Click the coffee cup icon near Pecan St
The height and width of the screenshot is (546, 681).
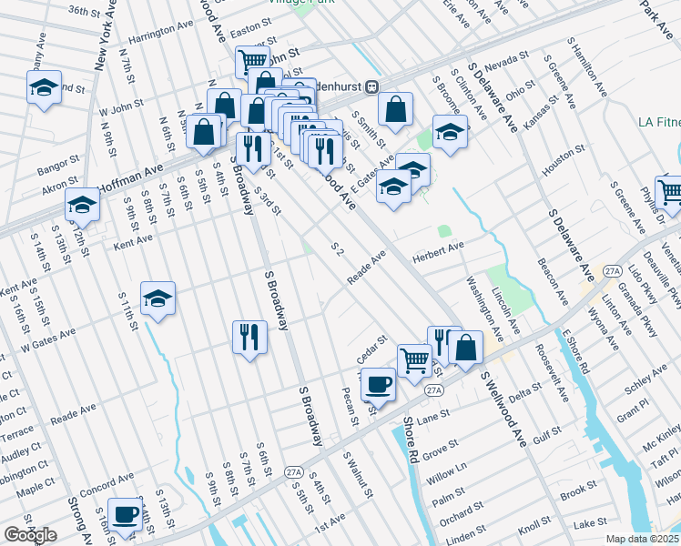(379, 383)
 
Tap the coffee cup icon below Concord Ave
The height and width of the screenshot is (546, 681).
(126, 515)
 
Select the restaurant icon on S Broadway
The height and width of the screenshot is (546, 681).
(249, 338)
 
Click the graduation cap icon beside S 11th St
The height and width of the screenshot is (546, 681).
(158, 298)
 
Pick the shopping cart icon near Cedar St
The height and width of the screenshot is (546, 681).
(414, 359)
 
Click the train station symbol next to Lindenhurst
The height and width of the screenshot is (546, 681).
(371, 86)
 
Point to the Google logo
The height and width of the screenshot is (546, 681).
(30, 535)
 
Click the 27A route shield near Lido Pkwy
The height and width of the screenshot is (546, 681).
(611, 271)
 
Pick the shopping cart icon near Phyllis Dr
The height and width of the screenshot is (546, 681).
(670, 191)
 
